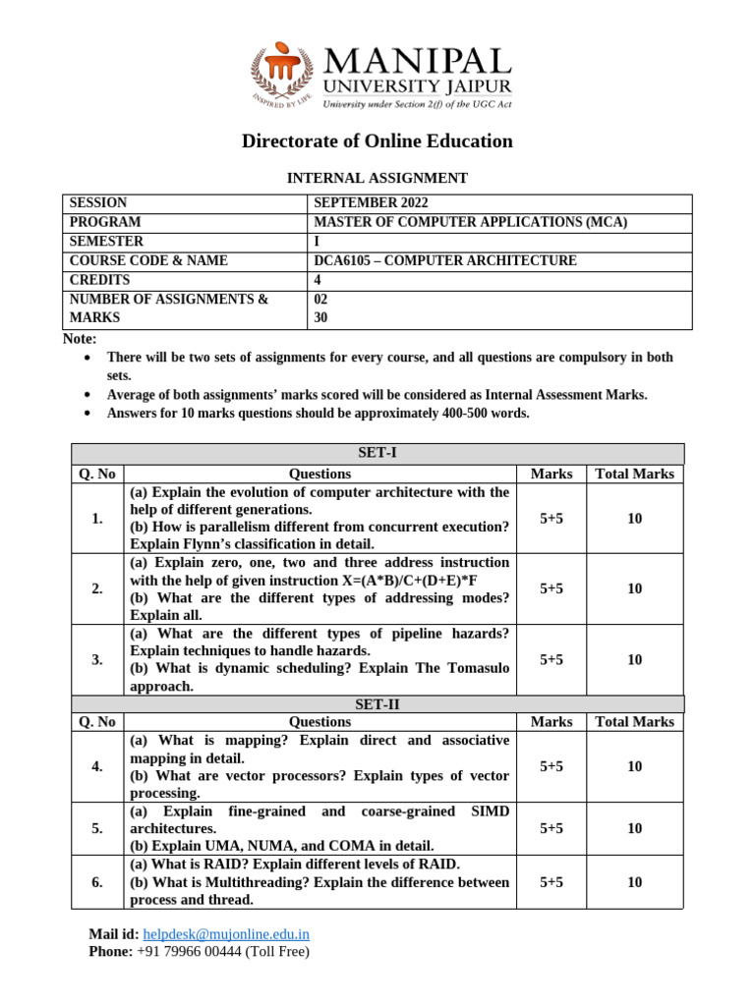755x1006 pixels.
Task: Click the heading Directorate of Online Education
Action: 377,140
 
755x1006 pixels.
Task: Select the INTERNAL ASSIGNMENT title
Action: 377,178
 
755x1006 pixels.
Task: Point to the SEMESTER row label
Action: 106,241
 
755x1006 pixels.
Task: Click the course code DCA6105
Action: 345,260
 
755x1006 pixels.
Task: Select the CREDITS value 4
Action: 318,279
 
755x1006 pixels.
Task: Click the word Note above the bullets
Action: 80,339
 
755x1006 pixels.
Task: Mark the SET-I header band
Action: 377,453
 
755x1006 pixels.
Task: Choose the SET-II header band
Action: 377,704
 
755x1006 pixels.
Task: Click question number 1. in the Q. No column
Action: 97,518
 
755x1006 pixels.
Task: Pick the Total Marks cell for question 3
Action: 634,659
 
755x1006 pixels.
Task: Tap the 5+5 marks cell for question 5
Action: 552,828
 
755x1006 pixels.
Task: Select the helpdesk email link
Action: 226,934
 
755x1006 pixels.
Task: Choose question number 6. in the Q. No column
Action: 97,882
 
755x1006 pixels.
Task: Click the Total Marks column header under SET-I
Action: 634,474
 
